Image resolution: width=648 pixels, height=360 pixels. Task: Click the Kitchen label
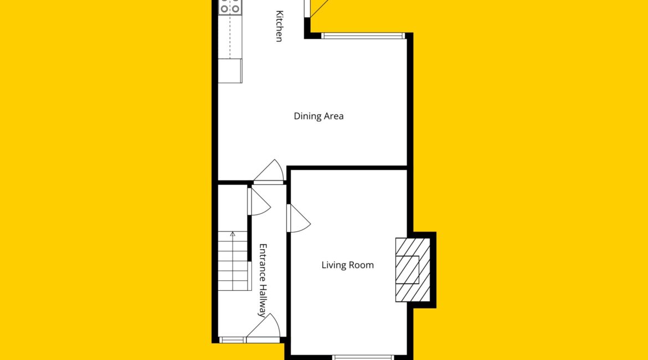pyautogui.click(x=279, y=26)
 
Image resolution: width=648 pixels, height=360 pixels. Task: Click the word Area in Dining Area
pyautogui.click(x=333, y=116)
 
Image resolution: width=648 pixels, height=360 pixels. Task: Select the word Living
pyautogui.click(x=334, y=265)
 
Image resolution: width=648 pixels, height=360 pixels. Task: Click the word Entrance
pyautogui.click(x=263, y=263)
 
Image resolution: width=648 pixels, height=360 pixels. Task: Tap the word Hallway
pyautogui.click(x=263, y=301)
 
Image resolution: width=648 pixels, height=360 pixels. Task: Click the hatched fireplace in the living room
pyautogui.click(x=413, y=270)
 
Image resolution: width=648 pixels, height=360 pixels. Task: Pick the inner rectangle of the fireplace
pyautogui.click(x=408, y=270)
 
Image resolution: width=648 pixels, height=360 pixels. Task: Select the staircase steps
pyautogui.click(x=234, y=261)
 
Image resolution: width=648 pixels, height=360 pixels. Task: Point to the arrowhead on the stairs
pyautogui.click(x=233, y=234)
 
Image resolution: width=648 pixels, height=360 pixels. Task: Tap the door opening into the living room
pyautogui.click(x=298, y=218)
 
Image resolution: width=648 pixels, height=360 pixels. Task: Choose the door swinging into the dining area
pyautogui.click(x=269, y=171)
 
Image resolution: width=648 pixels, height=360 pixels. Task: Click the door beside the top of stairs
pyautogui.click(x=260, y=201)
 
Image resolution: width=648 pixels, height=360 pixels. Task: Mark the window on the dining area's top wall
pyautogui.click(x=363, y=36)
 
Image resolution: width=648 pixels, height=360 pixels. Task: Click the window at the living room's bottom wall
pyautogui.click(x=363, y=358)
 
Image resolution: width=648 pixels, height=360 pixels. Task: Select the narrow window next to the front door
pyautogui.click(x=232, y=340)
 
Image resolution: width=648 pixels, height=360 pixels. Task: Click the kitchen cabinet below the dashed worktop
pyautogui.click(x=230, y=71)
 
